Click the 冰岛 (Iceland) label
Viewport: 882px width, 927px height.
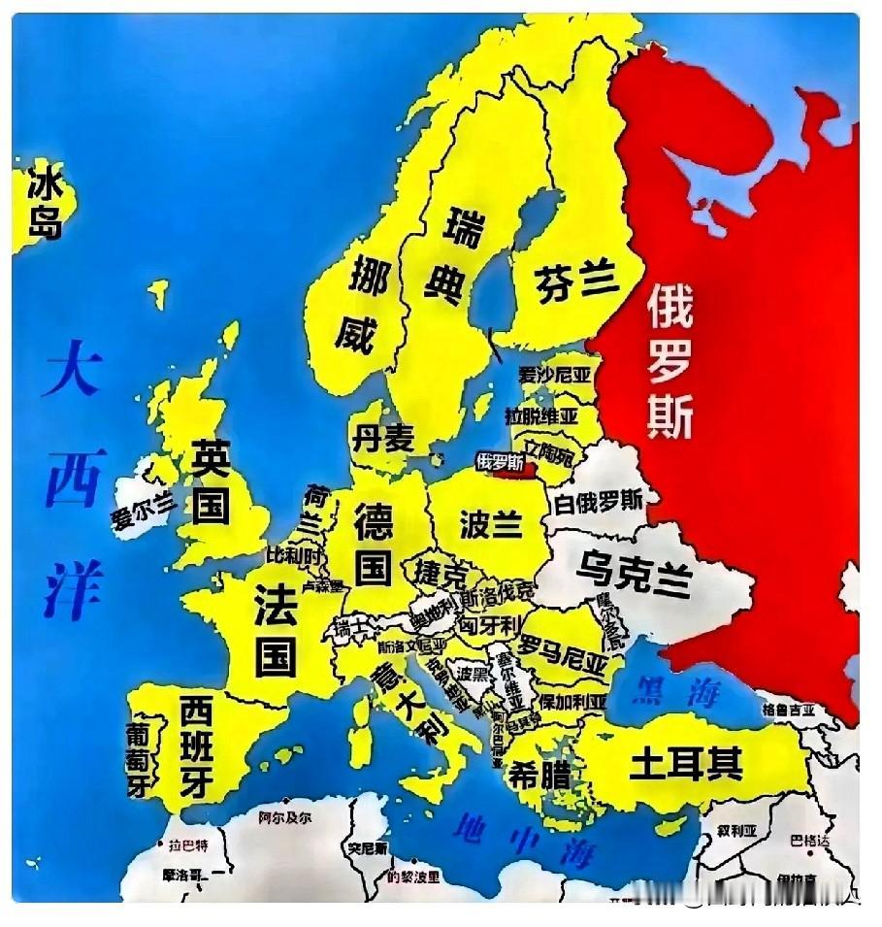coord(44,202)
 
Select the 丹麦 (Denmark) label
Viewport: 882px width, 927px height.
coord(382,438)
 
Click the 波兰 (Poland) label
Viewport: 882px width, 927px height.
coord(491,523)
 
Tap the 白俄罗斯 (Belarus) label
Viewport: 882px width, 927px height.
coord(598,502)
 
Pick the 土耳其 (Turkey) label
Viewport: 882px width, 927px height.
coord(685,763)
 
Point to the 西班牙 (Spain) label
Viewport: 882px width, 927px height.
coord(197,748)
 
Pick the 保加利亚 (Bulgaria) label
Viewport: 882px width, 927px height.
coord(573,701)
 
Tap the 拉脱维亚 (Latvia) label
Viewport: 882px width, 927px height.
coord(541,415)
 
